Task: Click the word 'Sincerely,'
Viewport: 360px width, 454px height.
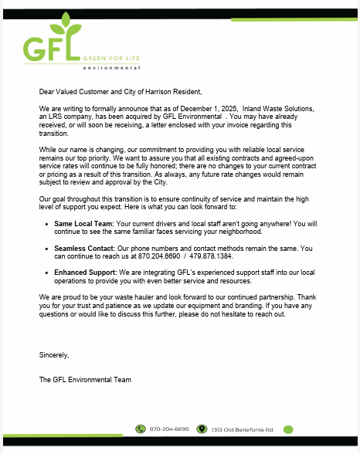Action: (54, 354)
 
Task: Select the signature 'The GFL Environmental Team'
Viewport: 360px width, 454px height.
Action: (85, 379)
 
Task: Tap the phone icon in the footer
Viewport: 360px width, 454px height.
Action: (141, 429)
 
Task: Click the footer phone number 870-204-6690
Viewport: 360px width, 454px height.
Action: (169, 429)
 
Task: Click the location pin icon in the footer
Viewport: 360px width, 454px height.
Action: (202, 429)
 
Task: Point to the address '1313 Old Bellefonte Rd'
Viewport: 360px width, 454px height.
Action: (243, 429)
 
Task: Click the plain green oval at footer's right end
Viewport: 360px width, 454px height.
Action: (288, 429)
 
